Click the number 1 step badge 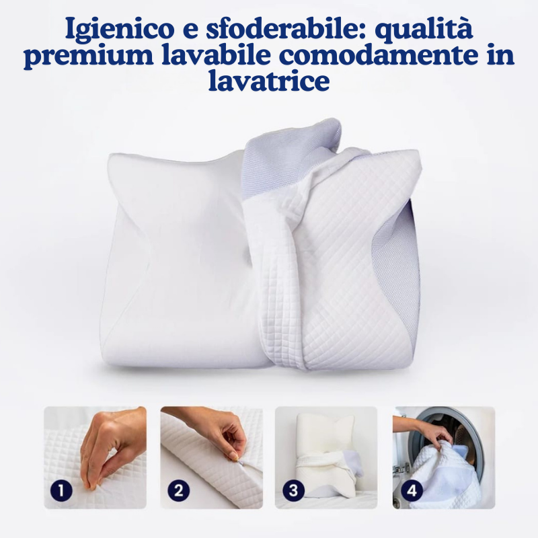coord(62,491)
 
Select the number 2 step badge coord(178,491)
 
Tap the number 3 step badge coord(293,491)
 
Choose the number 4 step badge coord(409,491)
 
